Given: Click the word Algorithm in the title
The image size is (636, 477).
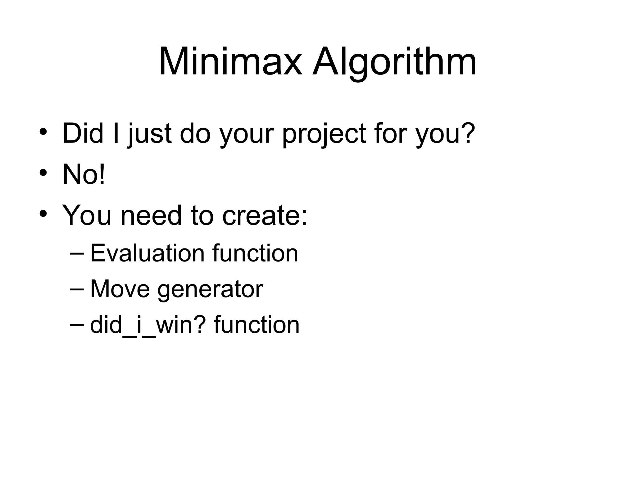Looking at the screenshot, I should point(394,62).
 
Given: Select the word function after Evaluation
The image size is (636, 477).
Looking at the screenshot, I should point(255,253).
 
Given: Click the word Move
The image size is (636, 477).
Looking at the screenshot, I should point(120,289).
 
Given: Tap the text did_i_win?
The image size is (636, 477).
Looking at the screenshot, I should point(148,325).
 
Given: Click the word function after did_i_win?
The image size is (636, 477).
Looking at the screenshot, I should point(257,325).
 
